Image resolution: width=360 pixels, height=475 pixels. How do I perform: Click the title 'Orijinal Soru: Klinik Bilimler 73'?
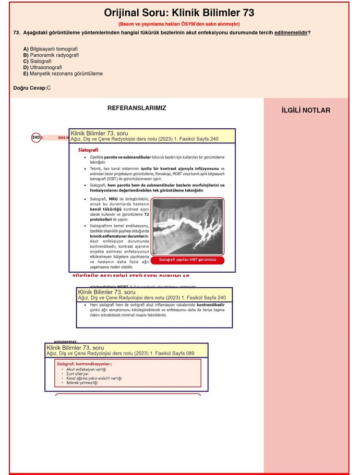[179, 13]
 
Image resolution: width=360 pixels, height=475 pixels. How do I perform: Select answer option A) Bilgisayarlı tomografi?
[50, 49]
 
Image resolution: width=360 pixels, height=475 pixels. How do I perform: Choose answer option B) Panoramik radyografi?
[51, 55]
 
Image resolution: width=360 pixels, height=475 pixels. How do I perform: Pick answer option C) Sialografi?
[37, 62]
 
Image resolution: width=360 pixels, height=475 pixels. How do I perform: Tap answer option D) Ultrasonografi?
[42, 68]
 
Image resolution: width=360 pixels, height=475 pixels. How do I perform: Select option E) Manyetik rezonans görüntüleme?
[63, 74]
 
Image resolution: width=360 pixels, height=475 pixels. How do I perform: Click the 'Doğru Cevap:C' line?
[32, 88]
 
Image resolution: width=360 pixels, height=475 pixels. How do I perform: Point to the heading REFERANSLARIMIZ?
[137, 108]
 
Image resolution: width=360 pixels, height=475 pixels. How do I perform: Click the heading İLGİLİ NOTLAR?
[306, 111]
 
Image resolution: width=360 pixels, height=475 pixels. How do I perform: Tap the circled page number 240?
[36, 138]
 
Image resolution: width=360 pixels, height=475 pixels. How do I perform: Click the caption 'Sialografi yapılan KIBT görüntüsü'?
[187, 260]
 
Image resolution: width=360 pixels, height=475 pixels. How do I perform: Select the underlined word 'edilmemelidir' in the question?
[291, 33]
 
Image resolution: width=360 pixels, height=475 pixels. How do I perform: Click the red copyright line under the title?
[179, 24]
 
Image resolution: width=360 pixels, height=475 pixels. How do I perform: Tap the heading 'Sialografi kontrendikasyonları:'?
[85, 364]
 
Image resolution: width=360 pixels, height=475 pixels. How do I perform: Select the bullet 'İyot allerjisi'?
[77, 374]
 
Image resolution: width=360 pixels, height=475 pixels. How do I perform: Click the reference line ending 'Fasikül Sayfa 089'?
[121, 354]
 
